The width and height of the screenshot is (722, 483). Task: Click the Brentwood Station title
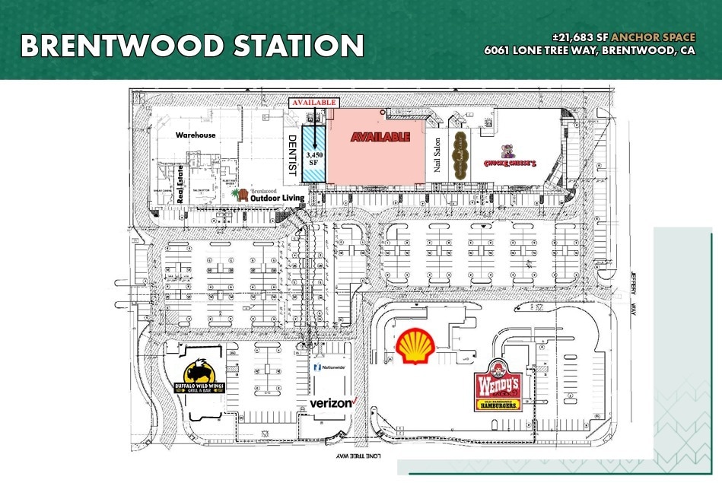(192, 46)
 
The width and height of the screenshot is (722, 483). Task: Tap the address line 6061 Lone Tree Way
(590, 51)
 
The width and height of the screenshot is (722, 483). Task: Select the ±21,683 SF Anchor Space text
(624, 37)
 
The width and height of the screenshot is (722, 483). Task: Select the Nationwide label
(329, 367)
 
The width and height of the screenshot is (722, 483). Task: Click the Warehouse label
(196, 135)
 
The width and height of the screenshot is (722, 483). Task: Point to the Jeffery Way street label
(631, 293)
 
